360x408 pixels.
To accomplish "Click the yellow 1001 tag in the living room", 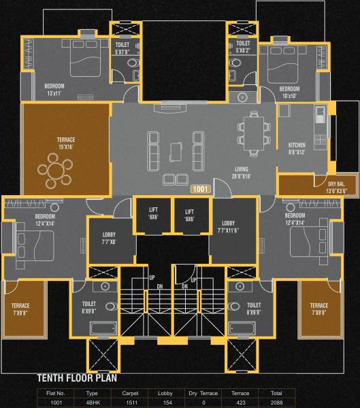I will click(201, 190).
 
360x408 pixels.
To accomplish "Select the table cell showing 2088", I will click(276, 403).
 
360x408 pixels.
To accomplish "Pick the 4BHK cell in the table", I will click(93, 403).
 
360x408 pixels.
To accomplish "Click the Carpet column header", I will click(129, 393).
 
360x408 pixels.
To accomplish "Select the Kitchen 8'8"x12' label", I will click(297, 149).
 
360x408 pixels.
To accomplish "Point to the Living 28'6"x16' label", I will click(242, 173).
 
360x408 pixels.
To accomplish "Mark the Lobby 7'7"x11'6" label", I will click(228, 226).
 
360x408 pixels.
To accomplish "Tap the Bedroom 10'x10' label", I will click(289, 92).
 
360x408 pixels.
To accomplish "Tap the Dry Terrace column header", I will click(203, 393).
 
